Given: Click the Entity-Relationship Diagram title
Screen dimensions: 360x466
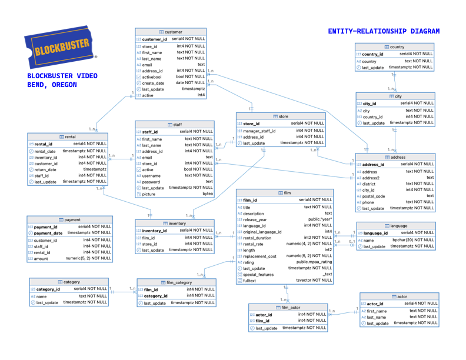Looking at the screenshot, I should pyautogui.click(x=384, y=31).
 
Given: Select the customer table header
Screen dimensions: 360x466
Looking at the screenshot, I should pyautogui.click(x=171, y=32).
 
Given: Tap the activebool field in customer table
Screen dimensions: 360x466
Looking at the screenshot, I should pyautogui.click(x=152, y=76).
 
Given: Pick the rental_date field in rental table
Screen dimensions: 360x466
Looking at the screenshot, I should pyautogui.click(x=45, y=151).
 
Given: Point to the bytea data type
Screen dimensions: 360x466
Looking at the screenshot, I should pyautogui.click(x=208, y=194).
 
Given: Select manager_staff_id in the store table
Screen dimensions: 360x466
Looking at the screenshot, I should pyautogui.click(x=259, y=131).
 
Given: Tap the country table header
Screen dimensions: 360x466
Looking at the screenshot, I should pyautogui.click(x=395, y=47).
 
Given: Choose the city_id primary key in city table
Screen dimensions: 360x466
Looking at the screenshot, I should pyautogui.click(x=370, y=104).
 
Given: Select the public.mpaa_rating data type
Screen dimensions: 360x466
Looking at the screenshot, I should pyautogui.click(x=314, y=262).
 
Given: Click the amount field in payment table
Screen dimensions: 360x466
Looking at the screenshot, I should pyautogui.click(x=41, y=258).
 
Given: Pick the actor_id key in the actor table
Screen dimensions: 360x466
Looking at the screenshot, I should pyautogui.click(x=375, y=304).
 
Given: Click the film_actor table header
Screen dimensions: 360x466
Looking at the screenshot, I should pyautogui.click(x=288, y=307).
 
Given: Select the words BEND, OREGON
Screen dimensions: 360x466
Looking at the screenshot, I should pyautogui.click(x=52, y=85).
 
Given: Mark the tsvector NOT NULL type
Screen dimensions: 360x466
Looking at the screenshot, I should pyautogui.click(x=314, y=281).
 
